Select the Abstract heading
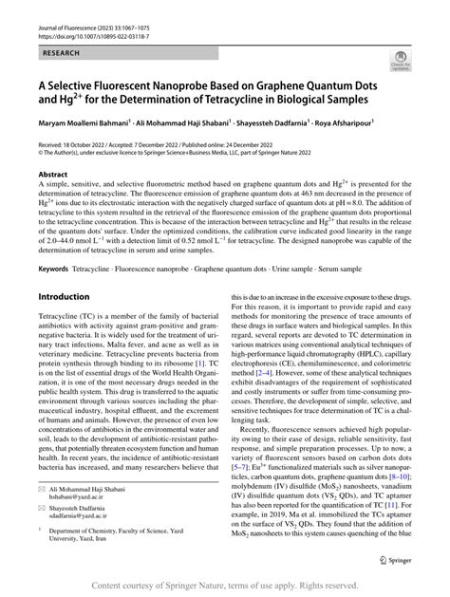52,175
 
